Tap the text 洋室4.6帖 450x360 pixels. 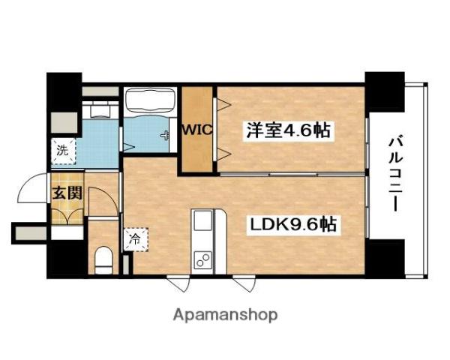[287, 130]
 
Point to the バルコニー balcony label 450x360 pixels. [396, 172]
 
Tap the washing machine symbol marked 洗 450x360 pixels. [62, 151]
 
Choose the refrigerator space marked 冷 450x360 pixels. [134, 241]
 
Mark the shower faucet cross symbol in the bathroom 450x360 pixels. [164, 134]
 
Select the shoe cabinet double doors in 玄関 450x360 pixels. [66, 214]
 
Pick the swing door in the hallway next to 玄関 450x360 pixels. [101, 201]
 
